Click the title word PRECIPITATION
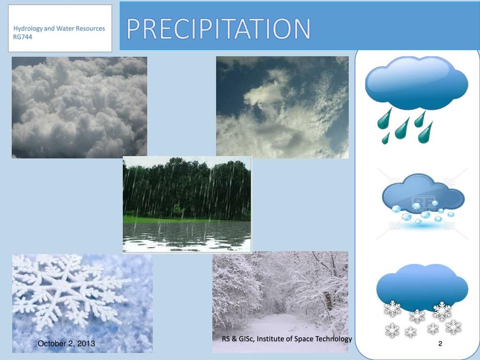218,29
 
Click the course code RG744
22,37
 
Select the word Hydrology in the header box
28,29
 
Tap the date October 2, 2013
66,344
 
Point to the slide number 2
440,344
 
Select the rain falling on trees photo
187,204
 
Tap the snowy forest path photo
280,302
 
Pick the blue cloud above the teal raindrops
416,82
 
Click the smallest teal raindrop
385,139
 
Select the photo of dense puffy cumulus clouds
79,107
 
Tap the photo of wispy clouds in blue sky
282,107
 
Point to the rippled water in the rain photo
187,237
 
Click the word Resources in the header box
90,29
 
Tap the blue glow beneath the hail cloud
422,226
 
